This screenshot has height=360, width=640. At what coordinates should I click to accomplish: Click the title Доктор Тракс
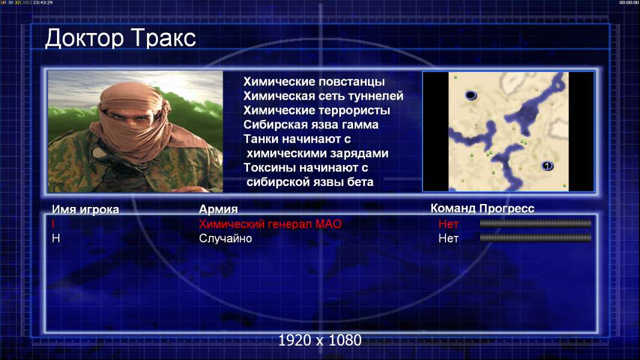coord(121,38)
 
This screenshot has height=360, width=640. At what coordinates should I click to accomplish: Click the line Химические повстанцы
coord(314,82)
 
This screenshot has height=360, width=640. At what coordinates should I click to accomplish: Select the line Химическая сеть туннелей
coord(323,96)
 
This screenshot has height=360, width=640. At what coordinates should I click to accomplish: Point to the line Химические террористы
coord(317,110)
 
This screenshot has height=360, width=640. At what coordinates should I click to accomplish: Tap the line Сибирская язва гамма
coord(311,124)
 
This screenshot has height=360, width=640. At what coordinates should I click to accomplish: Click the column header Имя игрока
coord(85,209)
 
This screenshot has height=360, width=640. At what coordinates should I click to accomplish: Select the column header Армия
coord(219,209)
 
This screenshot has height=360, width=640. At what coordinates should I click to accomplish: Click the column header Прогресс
coord(507,209)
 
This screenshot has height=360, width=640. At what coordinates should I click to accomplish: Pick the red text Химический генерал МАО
coord(270,224)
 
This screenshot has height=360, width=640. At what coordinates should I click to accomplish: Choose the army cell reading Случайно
coord(225,238)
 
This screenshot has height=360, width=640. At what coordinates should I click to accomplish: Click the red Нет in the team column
coord(448,224)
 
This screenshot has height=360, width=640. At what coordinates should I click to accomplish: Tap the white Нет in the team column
coord(448,238)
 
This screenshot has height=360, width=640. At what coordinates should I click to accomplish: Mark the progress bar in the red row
coord(536,223)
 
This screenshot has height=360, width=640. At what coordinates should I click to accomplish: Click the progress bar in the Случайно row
coord(536,238)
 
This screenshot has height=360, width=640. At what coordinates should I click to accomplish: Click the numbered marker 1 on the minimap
coord(547,166)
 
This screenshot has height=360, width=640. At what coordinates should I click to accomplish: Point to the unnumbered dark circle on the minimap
coord(471,95)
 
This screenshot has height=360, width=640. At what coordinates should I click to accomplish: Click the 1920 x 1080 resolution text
coord(319,340)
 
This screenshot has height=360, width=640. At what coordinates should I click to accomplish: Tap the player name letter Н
coord(56,238)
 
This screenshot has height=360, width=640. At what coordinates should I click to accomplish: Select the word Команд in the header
coord(453,209)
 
